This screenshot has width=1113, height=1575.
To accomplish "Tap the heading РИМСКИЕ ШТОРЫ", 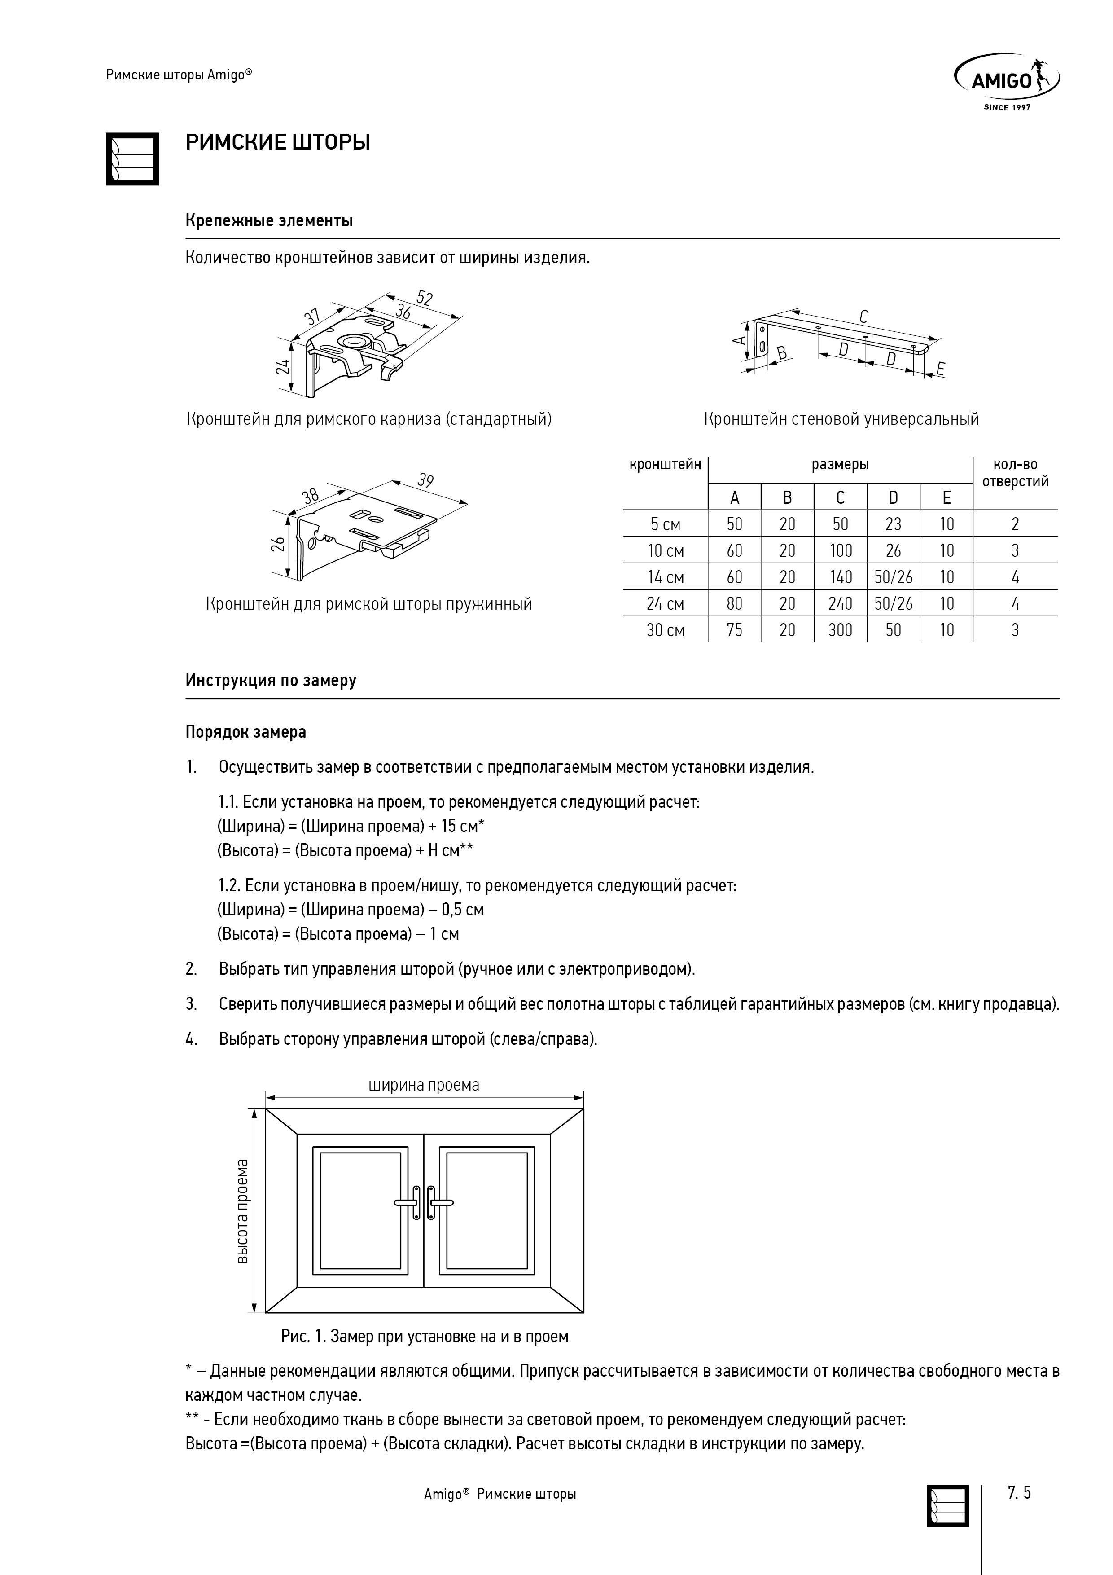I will pos(278,143).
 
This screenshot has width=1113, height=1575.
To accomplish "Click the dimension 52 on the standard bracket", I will pos(425,299).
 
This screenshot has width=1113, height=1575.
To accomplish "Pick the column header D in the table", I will pos(893,498).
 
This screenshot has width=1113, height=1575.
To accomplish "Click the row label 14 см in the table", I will pos(665,577).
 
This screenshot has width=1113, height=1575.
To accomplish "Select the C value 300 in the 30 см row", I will pos(840,630).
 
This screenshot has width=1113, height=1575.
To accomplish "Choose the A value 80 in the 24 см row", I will pos(735,604).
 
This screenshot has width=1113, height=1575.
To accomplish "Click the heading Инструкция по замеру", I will pos(271,681).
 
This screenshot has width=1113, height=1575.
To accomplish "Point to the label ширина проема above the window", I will pos(424,1085).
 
